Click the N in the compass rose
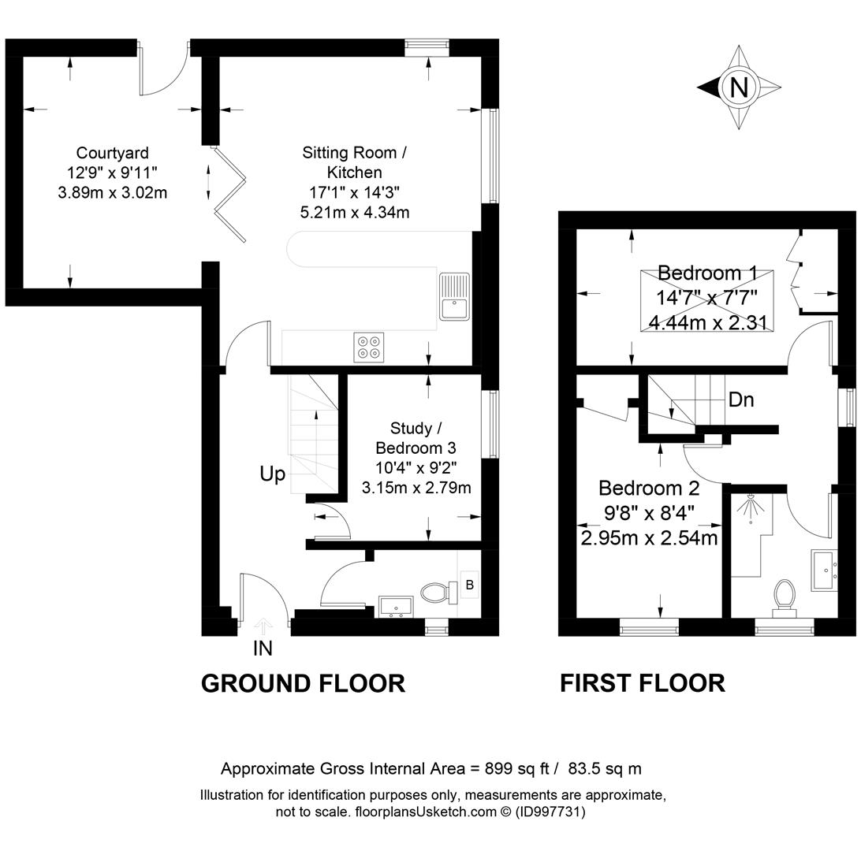tap(739, 87)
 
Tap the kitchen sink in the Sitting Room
tap(454, 295)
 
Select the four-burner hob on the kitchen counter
tap(368, 347)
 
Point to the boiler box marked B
tap(469, 585)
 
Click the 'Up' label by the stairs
tap(272, 474)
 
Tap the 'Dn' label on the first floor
tap(740, 400)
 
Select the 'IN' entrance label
tap(263, 648)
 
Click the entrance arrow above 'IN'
tap(263, 626)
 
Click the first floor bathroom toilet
tap(784, 597)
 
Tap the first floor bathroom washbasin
tap(825, 570)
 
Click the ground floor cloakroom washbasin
tap(396, 607)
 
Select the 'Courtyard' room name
tap(112, 153)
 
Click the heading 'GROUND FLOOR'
tap(303, 684)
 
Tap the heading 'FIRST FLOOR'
tap(643, 684)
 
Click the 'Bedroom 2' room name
tap(649, 488)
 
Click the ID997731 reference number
tap(551, 812)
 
